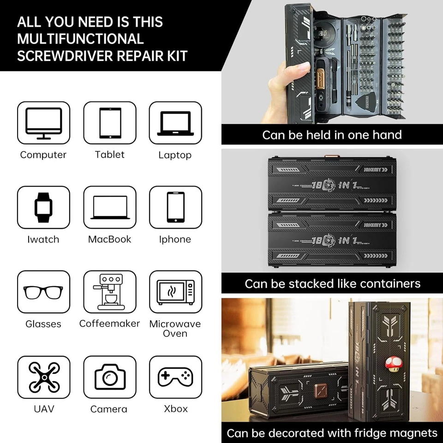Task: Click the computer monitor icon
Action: tap(43, 123)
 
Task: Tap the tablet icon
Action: tap(110, 123)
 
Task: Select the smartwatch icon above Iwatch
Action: tap(43, 207)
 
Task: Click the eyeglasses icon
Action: tap(43, 292)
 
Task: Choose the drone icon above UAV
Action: tap(43, 377)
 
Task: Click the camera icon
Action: tap(110, 377)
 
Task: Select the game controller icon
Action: tap(175, 377)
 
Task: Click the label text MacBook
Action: tap(110, 239)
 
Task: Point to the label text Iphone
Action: tap(175, 239)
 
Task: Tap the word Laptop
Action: tap(175, 155)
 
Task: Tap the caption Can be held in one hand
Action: tap(332, 135)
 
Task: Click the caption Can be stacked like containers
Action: tap(332, 283)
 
